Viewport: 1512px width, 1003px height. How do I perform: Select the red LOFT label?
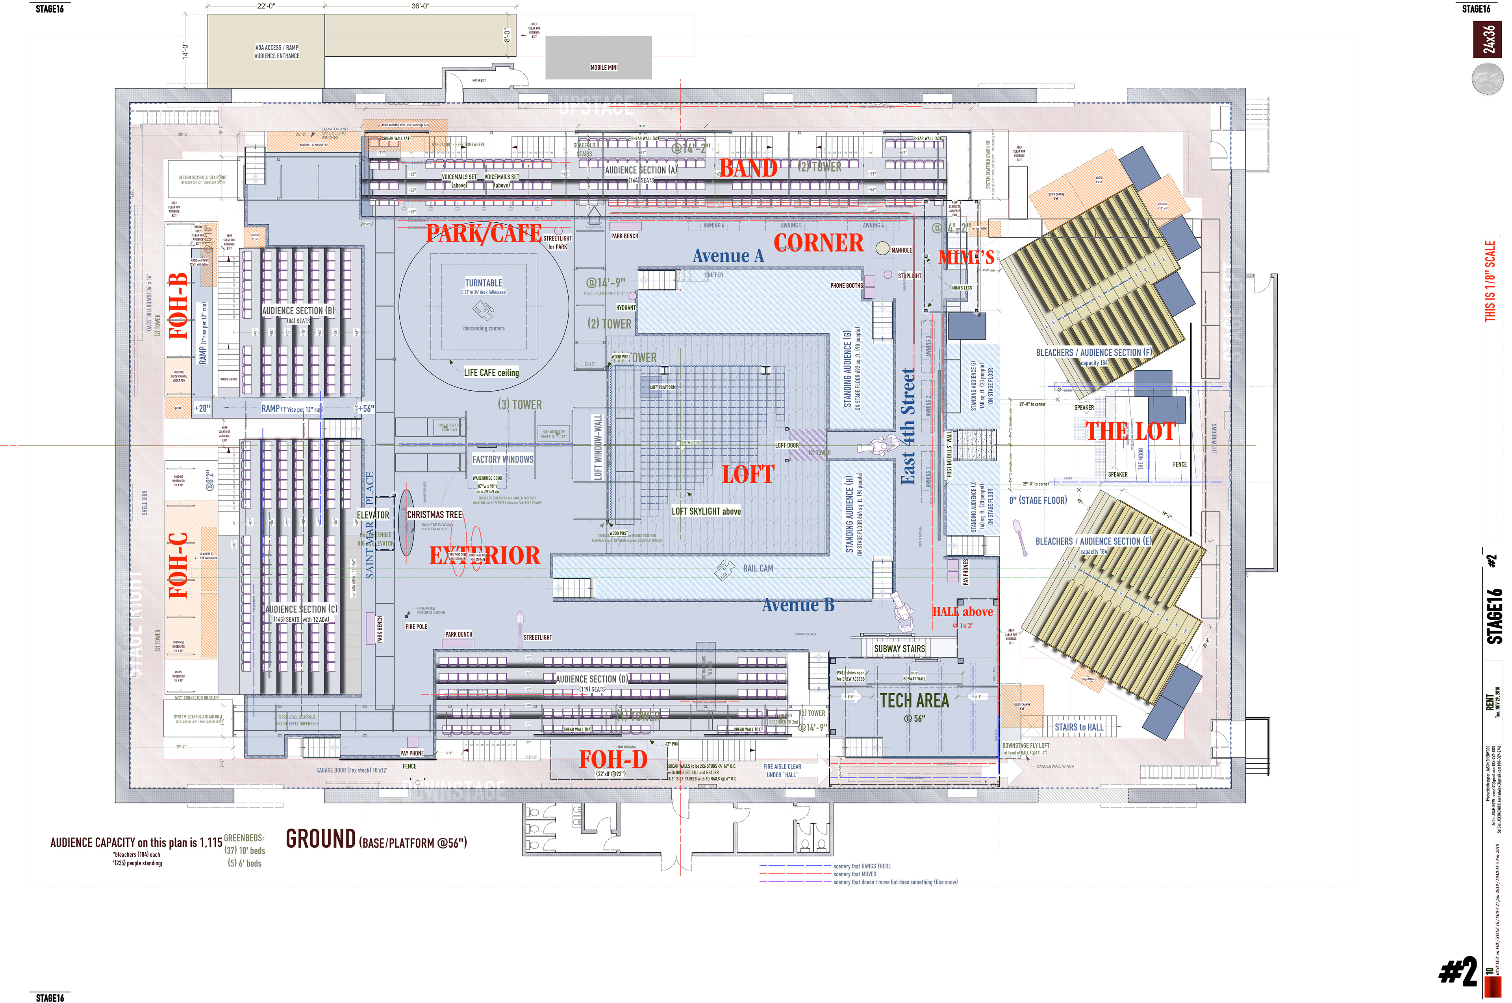(748, 475)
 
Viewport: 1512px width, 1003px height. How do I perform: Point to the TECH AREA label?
(914, 701)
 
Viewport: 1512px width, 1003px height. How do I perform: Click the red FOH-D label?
(613, 759)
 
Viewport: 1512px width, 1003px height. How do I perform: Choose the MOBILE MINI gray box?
(598, 57)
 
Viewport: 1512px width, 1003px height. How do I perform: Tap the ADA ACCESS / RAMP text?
(276, 47)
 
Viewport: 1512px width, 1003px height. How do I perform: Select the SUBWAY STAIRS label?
(899, 648)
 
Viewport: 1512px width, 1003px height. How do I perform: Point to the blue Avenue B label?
(798, 605)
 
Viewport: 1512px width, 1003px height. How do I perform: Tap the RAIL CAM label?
(758, 568)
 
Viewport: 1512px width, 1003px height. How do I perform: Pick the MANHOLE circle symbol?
(882, 248)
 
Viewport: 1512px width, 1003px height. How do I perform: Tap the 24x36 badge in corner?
(1488, 40)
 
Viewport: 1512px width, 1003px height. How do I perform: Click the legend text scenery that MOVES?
(854, 874)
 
